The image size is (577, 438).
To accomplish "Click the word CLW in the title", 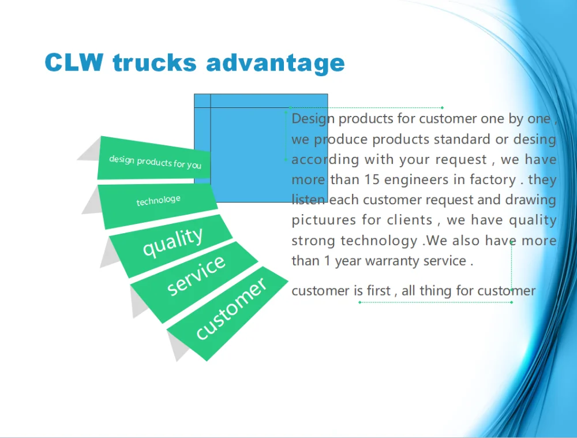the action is pyautogui.click(x=74, y=62).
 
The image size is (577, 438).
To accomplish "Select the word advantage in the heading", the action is pyautogui.click(x=275, y=63).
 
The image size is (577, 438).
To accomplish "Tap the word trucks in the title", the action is pyautogui.click(x=155, y=62).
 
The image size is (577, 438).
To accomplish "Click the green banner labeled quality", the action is pyautogui.click(x=171, y=246).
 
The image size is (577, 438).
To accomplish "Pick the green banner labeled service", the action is pyautogui.click(x=194, y=282).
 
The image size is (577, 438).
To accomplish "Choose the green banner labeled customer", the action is pyautogui.click(x=227, y=313).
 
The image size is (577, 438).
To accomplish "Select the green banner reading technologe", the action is pyautogui.click(x=158, y=205).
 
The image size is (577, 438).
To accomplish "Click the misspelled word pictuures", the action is pyautogui.click(x=323, y=220).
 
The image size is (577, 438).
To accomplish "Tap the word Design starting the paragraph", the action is pyautogui.click(x=313, y=119).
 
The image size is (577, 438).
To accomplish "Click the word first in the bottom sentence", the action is pyautogui.click(x=379, y=290).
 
